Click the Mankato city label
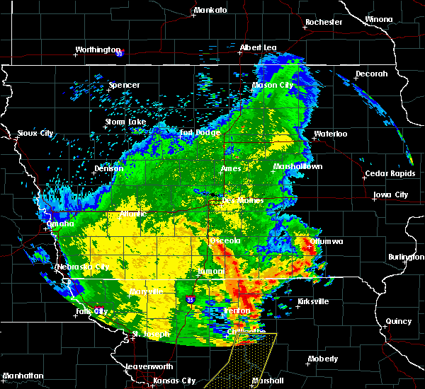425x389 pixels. pos(210,11)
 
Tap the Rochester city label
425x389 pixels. pos(324,22)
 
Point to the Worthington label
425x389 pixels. pos(98,50)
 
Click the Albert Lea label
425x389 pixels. pos(258,47)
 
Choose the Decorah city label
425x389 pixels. pos(372,74)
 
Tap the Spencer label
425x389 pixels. pos(124,86)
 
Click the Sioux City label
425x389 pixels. pos(35,133)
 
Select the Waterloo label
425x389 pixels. pos(331,134)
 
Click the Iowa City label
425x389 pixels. pos(391,194)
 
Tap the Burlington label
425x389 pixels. pos(405,257)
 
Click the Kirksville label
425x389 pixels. pos(313,301)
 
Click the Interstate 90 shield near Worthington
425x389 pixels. pos(120,52)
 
